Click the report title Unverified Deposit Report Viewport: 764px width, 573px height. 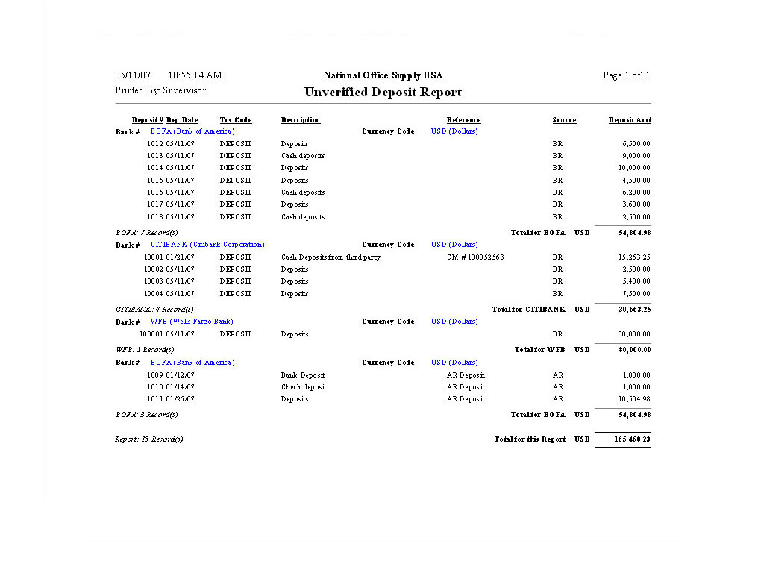point(383,93)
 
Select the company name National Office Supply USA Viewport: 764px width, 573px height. point(383,75)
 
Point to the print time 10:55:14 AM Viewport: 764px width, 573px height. point(195,75)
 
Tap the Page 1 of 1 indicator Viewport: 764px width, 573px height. point(626,75)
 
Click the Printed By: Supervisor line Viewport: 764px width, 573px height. point(160,90)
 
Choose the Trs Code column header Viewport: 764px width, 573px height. point(236,120)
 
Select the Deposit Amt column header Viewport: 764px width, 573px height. point(630,120)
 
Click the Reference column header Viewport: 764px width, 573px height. point(463,120)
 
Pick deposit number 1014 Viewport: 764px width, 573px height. point(154,168)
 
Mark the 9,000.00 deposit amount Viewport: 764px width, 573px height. point(636,156)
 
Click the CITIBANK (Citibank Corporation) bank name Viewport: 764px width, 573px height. point(207,245)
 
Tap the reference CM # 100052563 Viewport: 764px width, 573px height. point(475,257)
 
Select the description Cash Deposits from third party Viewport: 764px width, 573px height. point(331,257)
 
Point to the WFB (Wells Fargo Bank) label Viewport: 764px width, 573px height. point(192,322)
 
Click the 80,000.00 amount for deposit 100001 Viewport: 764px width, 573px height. point(633,334)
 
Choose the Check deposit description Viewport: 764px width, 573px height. point(304,387)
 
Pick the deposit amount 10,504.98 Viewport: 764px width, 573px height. point(636,399)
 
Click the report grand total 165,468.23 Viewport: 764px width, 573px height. point(632,439)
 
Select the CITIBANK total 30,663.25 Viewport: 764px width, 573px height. point(635,310)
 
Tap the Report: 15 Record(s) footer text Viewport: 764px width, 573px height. point(149,439)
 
